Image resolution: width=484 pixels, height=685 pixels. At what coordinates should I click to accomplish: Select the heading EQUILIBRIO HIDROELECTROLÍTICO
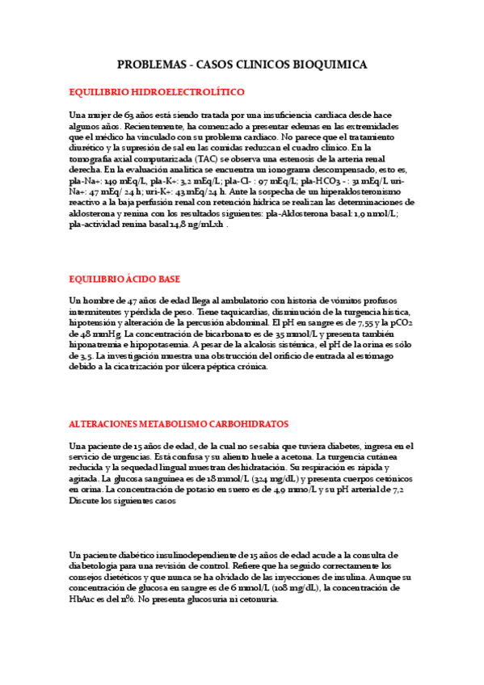pos(157,93)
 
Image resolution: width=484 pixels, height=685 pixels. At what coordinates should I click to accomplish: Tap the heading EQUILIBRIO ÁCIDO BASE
pos(124,279)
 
